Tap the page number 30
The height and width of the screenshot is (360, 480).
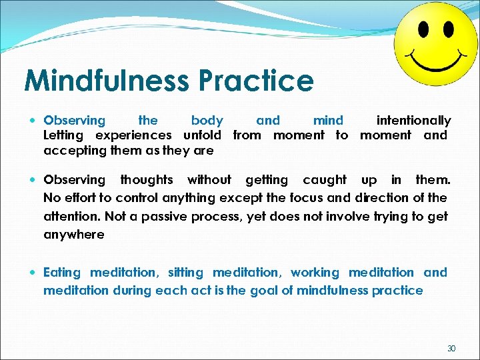(451, 348)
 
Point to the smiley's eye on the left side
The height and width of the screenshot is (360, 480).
(423, 29)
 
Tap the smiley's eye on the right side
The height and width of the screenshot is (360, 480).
(448, 29)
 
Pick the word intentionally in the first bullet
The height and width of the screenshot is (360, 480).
(413, 121)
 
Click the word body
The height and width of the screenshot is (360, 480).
(207, 121)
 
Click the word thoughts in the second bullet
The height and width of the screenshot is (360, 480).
(146, 180)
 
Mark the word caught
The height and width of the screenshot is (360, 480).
(325, 180)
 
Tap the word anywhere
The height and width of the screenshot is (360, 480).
(73, 235)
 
